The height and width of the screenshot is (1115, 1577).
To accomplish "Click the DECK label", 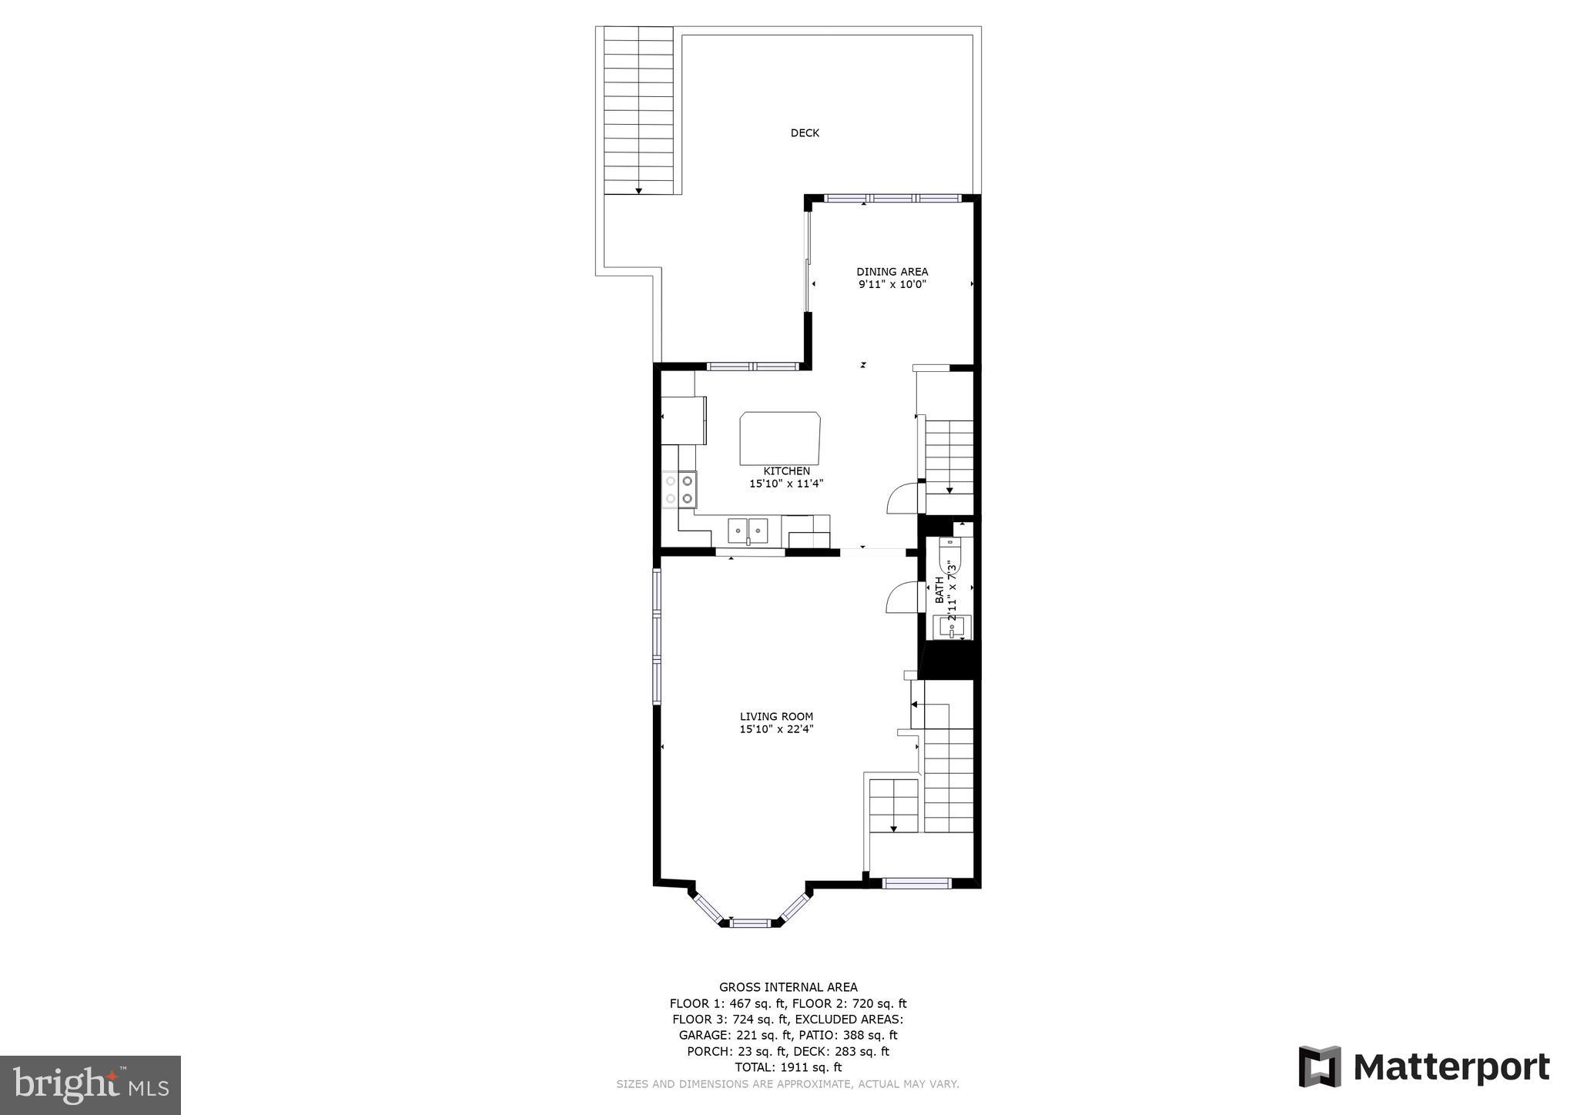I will pyautogui.click(x=805, y=133).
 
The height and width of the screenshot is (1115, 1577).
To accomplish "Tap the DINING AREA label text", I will pyautogui.click(x=892, y=272).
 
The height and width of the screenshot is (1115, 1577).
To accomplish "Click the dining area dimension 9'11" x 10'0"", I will pyautogui.click(x=892, y=285).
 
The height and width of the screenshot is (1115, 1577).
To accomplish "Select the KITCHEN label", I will pyautogui.click(x=786, y=471).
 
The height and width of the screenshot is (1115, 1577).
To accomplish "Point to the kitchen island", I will pyautogui.click(x=780, y=438).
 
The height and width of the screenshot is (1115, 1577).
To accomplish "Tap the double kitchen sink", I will pyautogui.click(x=748, y=531).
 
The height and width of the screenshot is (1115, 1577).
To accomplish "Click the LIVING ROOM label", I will pyautogui.click(x=776, y=717).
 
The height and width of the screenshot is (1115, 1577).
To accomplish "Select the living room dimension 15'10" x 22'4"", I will pyautogui.click(x=776, y=729).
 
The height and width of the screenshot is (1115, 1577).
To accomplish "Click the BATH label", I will pyautogui.click(x=939, y=590).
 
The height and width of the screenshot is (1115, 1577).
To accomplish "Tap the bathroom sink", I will pyautogui.click(x=953, y=628).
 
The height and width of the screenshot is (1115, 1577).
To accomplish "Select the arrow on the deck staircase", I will pyautogui.click(x=638, y=190).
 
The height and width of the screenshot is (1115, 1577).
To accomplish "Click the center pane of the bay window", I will pyautogui.click(x=750, y=922).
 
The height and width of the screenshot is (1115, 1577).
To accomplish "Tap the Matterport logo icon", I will pyautogui.click(x=1320, y=1066).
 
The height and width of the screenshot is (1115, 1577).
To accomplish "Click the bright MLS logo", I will pyautogui.click(x=90, y=1085).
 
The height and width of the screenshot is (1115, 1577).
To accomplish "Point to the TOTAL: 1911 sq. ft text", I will pyautogui.click(x=788, y=1067).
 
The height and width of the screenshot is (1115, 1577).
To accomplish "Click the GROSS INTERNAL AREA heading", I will pyautogui.click(x=788, y=987).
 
